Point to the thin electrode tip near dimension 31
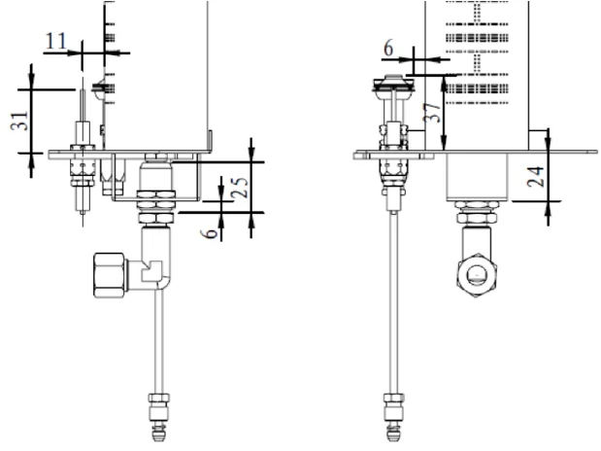(81, 101)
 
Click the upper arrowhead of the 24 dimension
(548, 132)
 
